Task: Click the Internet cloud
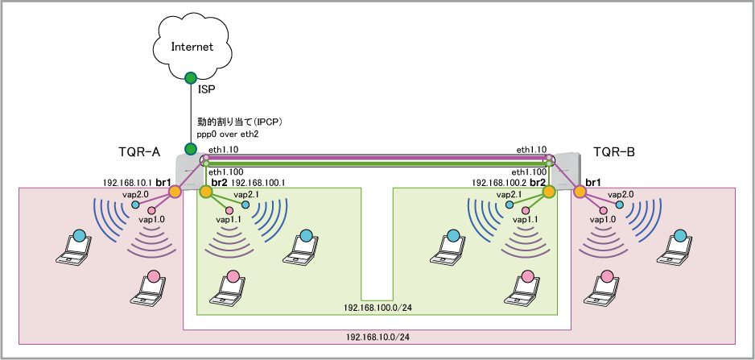[x=192, y=46]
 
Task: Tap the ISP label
[x=206, y=89]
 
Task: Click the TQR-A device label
[x=139, y=151]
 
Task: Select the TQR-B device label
[x=614, y=151]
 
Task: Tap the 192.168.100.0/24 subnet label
[x=377, y=308]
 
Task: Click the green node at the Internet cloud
[x=191, y=78]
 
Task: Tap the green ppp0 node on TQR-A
[x=191, y=149]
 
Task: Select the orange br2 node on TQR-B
[x=549, y=192]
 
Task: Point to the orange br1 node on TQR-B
[x=580, y=192]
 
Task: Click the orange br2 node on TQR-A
[x=206, y=192]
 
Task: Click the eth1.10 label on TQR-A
[x=224, y=150]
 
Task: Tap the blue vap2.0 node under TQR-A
[x=135, y=205]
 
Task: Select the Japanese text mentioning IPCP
[x=238, y=121]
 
